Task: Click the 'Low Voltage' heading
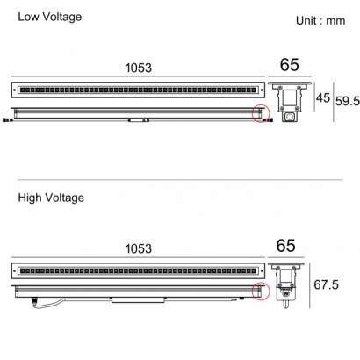click(x=50, y=17)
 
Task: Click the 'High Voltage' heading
click(x=51, y=198)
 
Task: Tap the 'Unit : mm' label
click(x=320, y=21)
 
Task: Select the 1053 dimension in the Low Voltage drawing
click(x=139, y=68)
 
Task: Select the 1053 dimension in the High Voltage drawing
click(x=139, y=248)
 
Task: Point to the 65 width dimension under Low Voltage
click(x=290, y=65)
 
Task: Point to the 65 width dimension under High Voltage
click(x=285, y=246)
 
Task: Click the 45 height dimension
click(x=323, y=97)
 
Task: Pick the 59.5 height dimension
click(x=348, y=101)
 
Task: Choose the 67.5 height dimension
click(x=326, y=284)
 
